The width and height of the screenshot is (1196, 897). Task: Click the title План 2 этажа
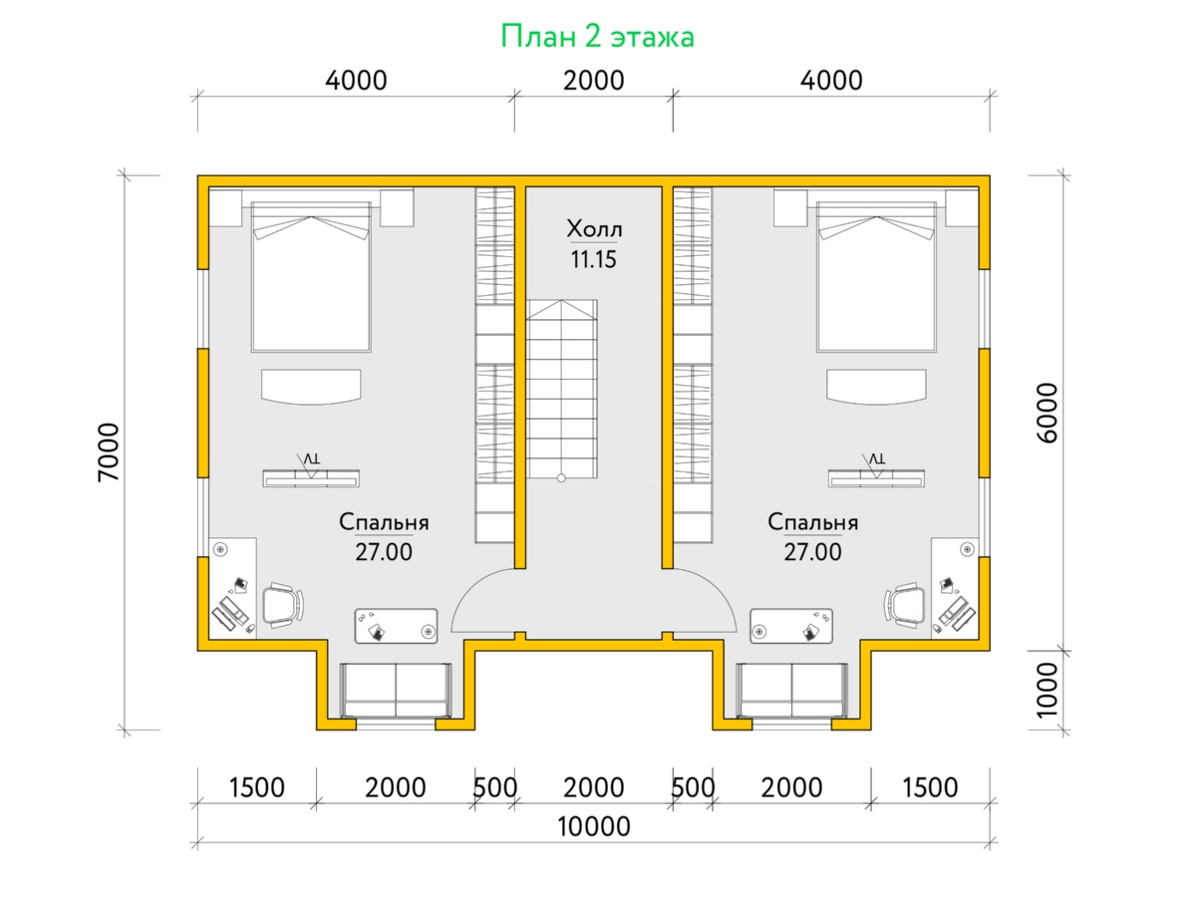pos(597,37)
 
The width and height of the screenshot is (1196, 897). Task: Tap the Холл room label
pos(594,229)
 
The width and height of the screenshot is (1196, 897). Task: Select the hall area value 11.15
pos(593,260)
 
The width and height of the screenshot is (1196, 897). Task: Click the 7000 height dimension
pos(109,452)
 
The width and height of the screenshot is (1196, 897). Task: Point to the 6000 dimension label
pos(1046,413)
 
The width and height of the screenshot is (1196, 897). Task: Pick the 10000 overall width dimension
pos(593,827)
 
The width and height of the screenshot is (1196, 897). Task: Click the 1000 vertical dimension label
pos(1046,690)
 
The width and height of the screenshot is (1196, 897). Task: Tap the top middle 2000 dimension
pos(593,81)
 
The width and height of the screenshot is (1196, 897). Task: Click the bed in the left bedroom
pos(311,277)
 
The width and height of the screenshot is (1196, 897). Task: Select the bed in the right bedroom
pos(876,277)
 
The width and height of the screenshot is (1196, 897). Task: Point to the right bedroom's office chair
pos(905,605)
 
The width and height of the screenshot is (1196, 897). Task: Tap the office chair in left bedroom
pos(283,605)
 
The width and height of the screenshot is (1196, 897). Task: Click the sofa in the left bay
pos(396,690)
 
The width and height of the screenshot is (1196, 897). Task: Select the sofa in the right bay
pos(791,690)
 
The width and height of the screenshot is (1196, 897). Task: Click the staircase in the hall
pos(562,390)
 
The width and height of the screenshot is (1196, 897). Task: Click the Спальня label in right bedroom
pos(813,522)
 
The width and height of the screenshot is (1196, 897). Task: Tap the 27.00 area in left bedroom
pos(384,552)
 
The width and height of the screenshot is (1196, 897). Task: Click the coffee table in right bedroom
pos(791,626)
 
